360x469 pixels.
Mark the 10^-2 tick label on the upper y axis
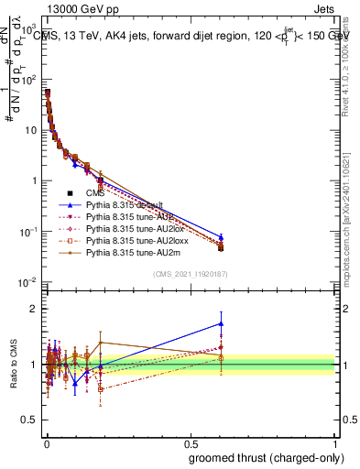(29, 281)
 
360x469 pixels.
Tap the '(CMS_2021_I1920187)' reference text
(190, 273)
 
